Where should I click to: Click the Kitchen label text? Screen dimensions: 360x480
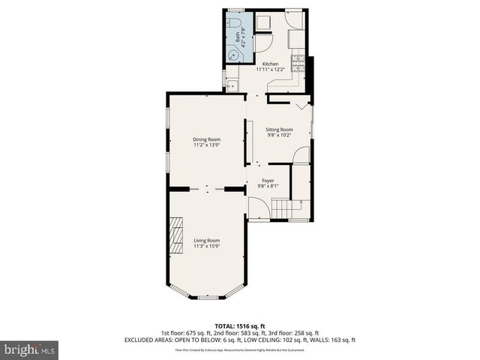270,64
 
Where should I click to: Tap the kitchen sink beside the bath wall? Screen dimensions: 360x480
232,85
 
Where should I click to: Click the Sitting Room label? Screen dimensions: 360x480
279,130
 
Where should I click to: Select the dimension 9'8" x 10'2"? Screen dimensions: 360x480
279,136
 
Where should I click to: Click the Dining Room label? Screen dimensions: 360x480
206,139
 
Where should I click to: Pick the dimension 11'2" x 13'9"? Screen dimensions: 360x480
206,145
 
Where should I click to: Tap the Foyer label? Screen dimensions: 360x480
268,180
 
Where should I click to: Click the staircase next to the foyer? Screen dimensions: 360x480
283,207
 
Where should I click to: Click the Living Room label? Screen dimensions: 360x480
206,240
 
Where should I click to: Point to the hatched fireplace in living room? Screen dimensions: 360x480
175,237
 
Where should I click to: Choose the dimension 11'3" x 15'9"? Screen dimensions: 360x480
206,246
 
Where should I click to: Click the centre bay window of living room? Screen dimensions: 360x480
207,298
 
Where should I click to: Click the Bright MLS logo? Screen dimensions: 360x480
30,349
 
